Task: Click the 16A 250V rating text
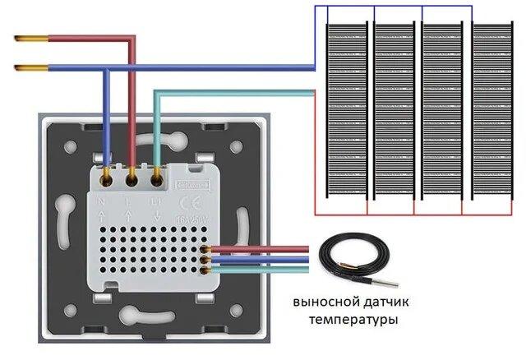coord(193,220)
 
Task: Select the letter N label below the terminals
coord(100,199)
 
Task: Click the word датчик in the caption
coord(385,302)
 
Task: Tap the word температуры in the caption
coord(351,319)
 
